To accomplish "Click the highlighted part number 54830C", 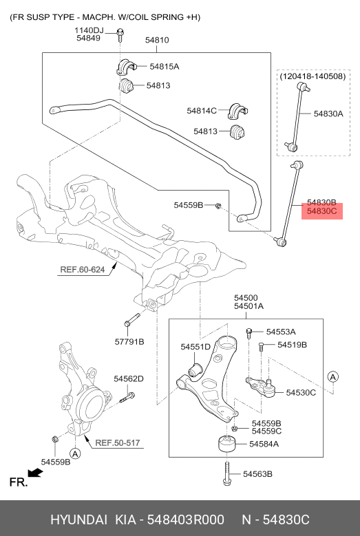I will pyautogui.click(x=321, y=212).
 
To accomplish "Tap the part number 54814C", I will pyautogui.click(x=202, y=110).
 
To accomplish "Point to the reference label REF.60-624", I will pyautogui.click(x=82, y=270).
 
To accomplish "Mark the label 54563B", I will pyautogui.click(x=258, y=474).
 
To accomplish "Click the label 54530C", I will pyautogui.click(x=301, y=393).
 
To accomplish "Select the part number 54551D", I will pyautogui.click(x=195, y=347).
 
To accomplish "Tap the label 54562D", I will pyautogui.click(x=129, y=378).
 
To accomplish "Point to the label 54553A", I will pyautogui.click(x=281, y=332).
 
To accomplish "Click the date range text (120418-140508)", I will pyautogui.click(x=312, y=78).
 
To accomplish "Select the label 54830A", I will pyautogui.click(x=328, y=114).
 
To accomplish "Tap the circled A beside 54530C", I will pyautogui.click(x=332, y=376).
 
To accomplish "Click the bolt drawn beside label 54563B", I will pyautogui.click(x=227, y=473).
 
